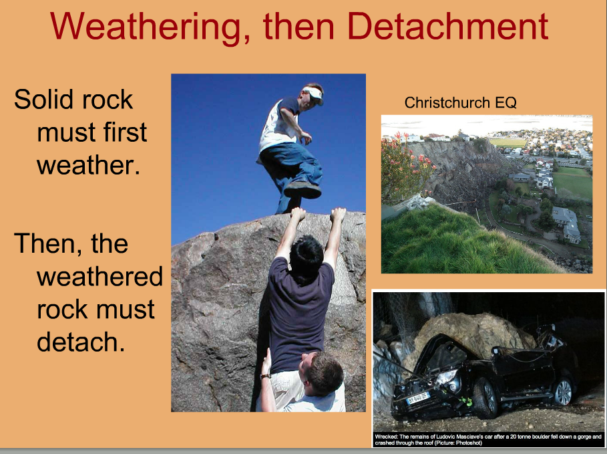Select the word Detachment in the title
point(447,25)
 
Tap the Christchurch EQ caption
point(460,102)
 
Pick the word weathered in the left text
point(100,276)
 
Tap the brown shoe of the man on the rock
point(302,190)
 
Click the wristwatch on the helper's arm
point(265,376)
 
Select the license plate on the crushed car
point(417,398)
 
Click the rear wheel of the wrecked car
point(563,392)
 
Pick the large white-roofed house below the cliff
point(567,223)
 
